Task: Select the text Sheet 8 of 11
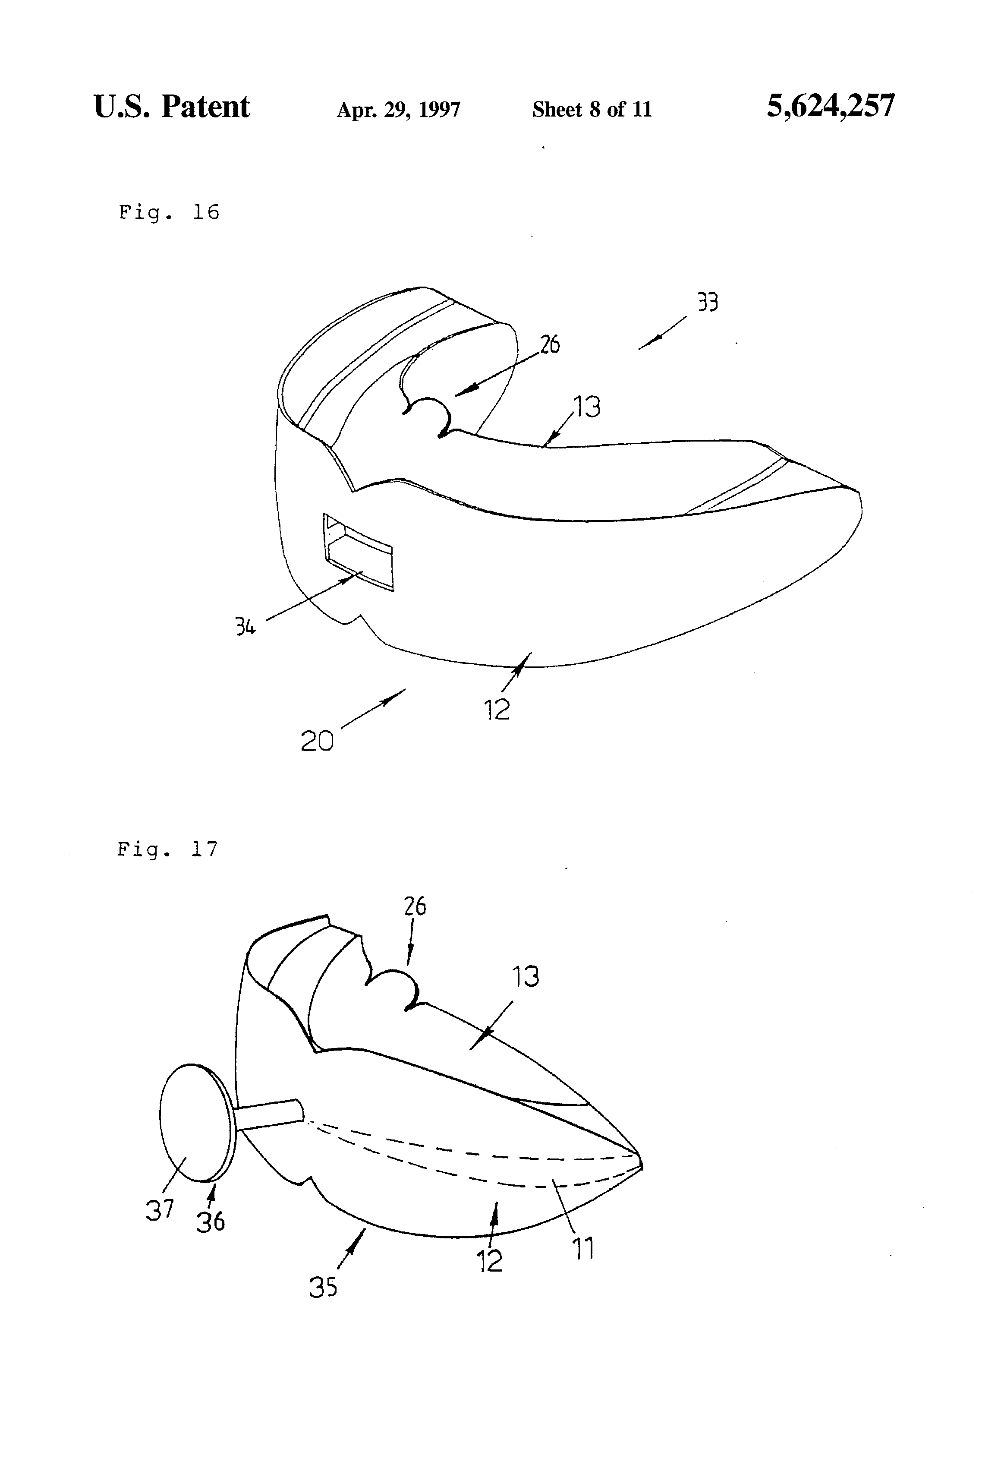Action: point(592,110)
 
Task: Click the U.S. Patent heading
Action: point(171,106)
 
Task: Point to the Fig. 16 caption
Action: point(169,212)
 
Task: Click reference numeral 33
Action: point(708,303)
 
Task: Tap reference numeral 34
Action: point(245,627)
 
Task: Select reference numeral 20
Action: point(316,741)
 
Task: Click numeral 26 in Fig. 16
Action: point(550,344)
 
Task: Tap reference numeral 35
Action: point(323,1287)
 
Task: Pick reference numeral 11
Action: point(583,1249)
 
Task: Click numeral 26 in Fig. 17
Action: point(415,906)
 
